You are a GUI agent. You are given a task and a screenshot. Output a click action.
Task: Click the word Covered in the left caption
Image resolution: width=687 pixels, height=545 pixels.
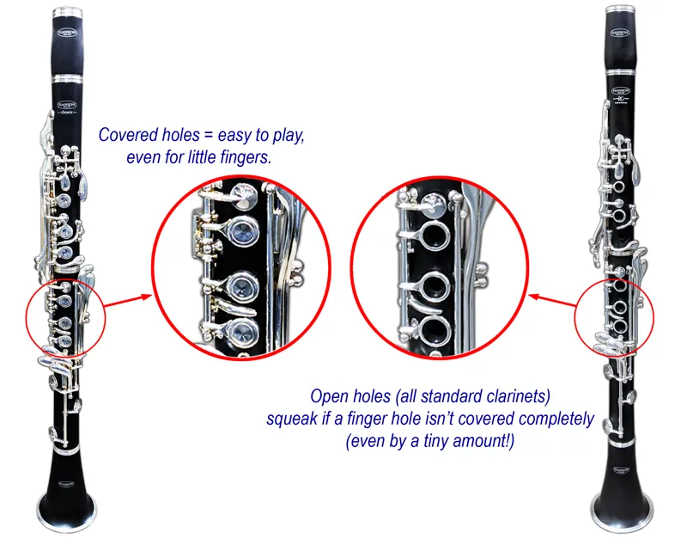125,136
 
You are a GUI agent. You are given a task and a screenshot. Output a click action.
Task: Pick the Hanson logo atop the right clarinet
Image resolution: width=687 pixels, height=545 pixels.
620,32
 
